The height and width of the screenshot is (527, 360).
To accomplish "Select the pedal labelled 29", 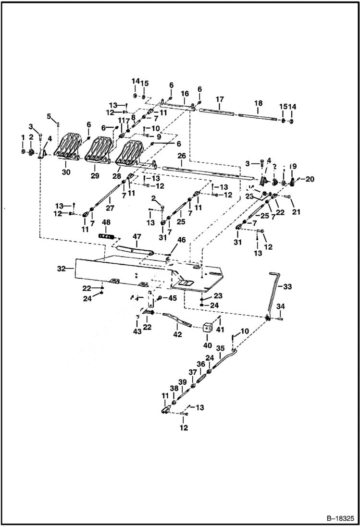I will tap(98, 149).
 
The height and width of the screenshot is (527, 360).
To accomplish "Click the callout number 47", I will tap(137, 236).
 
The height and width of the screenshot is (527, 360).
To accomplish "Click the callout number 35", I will tap(220, 348).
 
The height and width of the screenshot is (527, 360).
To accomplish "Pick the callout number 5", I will tap(49, 116).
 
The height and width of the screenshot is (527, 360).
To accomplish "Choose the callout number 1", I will tap(23, 137).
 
